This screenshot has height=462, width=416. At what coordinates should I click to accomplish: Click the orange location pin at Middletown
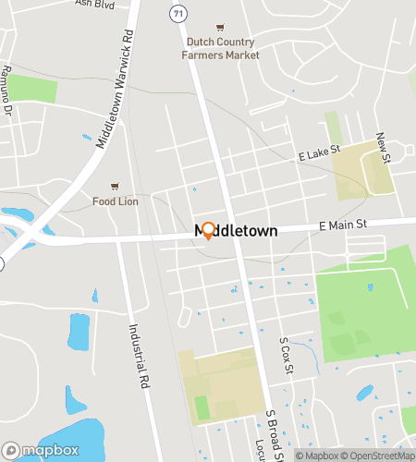(208, 230)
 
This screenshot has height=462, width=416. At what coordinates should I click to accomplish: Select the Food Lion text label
(115, 201)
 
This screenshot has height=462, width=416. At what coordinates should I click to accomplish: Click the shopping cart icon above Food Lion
(115, 186)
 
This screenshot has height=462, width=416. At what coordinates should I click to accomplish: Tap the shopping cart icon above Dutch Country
(219, 28)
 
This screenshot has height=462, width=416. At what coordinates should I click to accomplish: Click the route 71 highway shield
(176, 12)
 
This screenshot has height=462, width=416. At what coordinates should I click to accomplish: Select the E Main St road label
(344, 225)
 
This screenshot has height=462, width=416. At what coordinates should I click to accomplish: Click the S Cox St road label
(285, 355)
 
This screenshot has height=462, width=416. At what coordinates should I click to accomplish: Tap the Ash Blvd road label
(96, 4)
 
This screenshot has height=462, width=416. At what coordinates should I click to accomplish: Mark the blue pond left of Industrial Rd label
(77, 332)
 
